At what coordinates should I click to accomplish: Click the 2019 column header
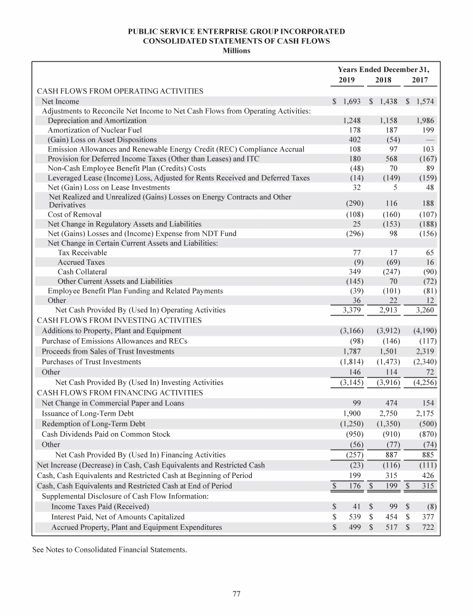(x=348, y=80)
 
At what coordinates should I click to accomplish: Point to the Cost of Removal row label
(x=75, y=214)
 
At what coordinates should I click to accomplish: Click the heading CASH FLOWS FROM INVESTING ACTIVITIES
(x=119, y=321)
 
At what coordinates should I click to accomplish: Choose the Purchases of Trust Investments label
(x=91, y=362)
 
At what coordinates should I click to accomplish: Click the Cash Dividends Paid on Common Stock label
(x=105, y=434)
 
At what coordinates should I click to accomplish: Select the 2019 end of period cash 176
(x=354, y=487)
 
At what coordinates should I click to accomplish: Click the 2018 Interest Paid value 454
(x=392, y=517)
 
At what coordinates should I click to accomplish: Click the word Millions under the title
(x=236, y=51)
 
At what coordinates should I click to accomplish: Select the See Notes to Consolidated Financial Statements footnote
(x=108, y=548)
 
